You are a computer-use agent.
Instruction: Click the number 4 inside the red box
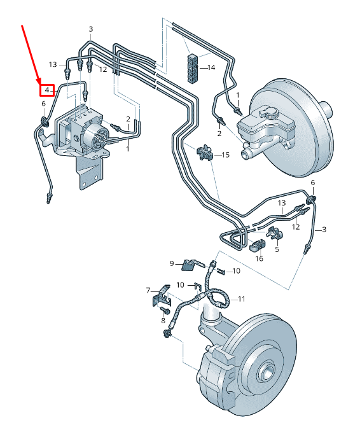tap(47, 90)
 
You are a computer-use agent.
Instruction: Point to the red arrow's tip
tap(43, 82)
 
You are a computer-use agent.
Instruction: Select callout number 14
tap(211, 67)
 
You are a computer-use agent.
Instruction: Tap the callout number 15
tap(225, 155)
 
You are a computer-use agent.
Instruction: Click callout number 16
tap(259, 258)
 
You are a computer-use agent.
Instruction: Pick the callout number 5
tap(277, 249)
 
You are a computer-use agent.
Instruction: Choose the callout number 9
tap(172, 263)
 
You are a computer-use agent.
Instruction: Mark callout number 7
tap(148, 291)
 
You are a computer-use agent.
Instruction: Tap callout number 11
tap(241, 298)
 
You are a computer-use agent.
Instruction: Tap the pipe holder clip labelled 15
tap(205, 152)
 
